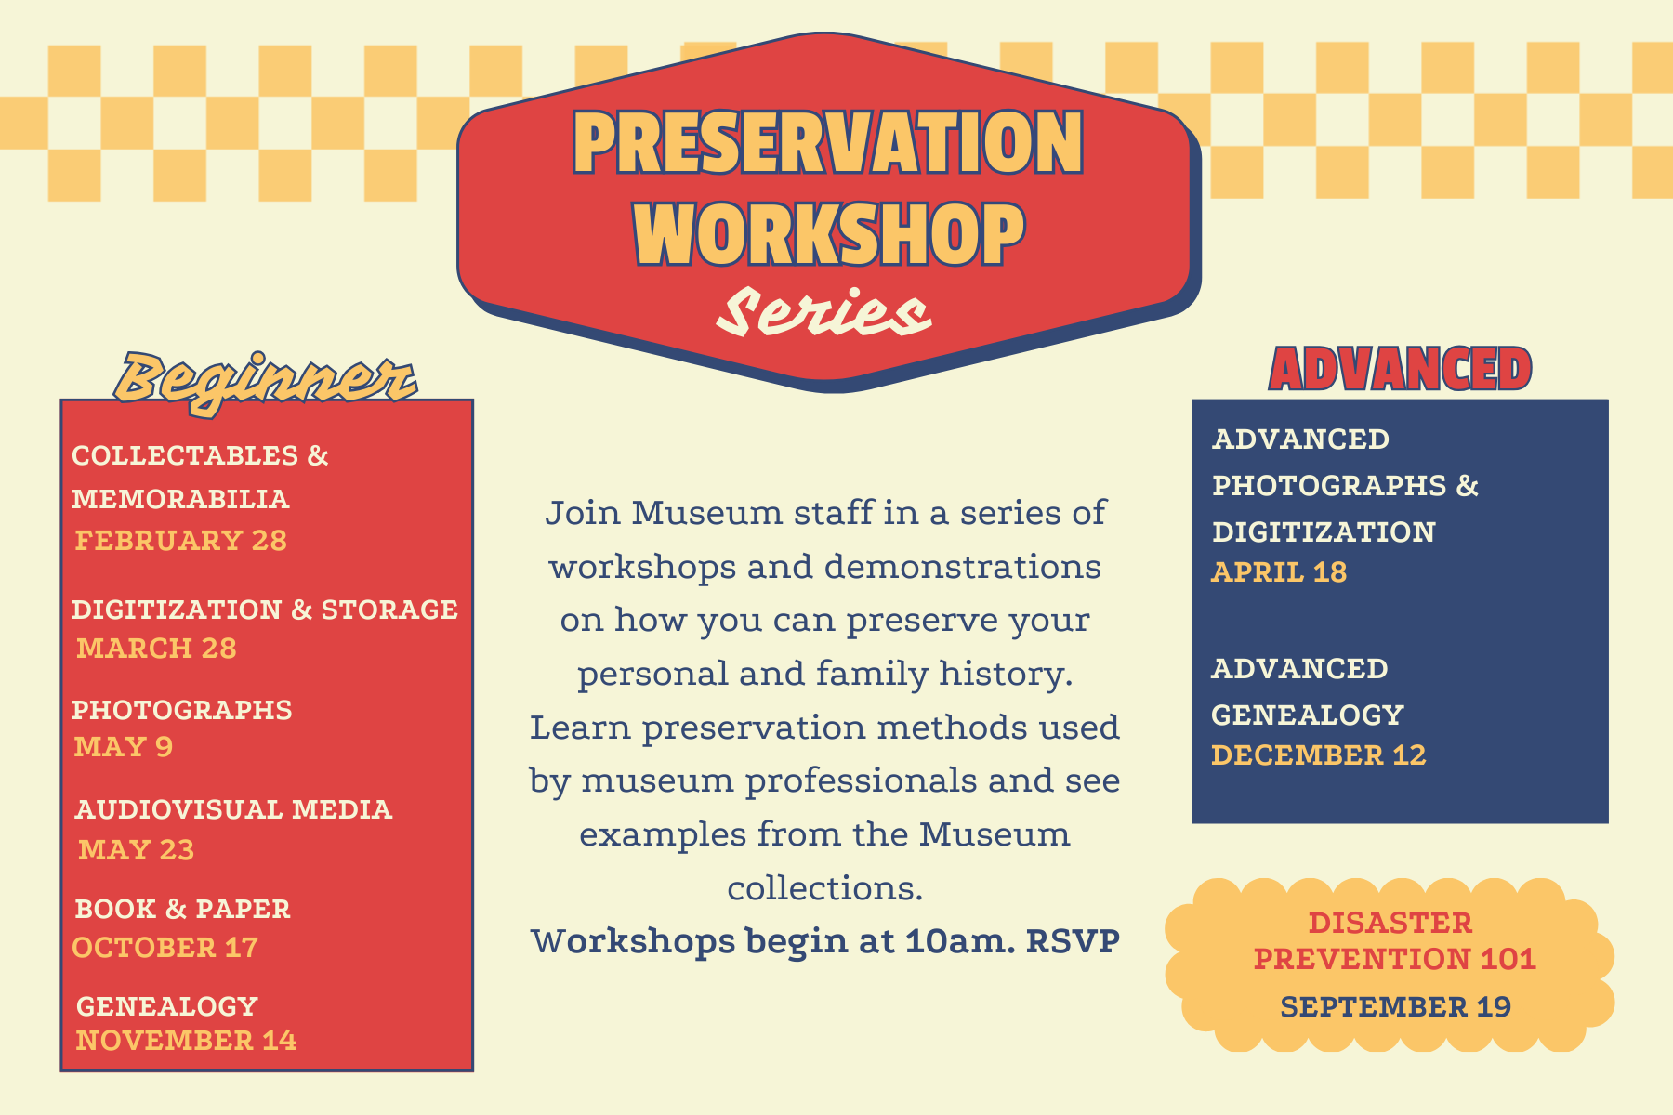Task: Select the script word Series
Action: [x=823, y=312]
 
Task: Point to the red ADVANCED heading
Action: [x=1400, y=369]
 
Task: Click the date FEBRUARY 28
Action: [x=181, y=541]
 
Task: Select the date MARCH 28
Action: [x=156, y=648]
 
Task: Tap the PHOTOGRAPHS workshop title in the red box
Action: [x=182, y=710]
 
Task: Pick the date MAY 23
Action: [x=137, y=849]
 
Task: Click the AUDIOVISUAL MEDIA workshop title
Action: [x=234, y=809]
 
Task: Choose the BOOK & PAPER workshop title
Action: [x=183, y=909]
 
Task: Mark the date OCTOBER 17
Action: [x=165, y=947]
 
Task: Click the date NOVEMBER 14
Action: [x=186, y=1040]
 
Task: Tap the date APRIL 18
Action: [x=1279, y=572]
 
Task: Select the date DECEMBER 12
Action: [x=1318, y=755]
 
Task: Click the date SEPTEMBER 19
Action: [x=1395, y=1006]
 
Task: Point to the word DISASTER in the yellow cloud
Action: [x=1390, y=923]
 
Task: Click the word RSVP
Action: [x=1074, y=941]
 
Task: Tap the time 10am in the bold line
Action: [x=960, y=941]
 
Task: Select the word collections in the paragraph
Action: [x=825, y=888]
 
